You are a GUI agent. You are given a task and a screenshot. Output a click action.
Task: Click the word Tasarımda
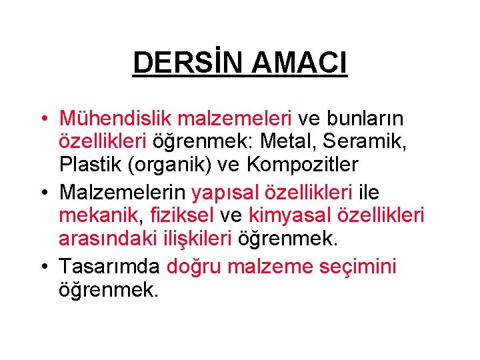coord(109,267)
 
